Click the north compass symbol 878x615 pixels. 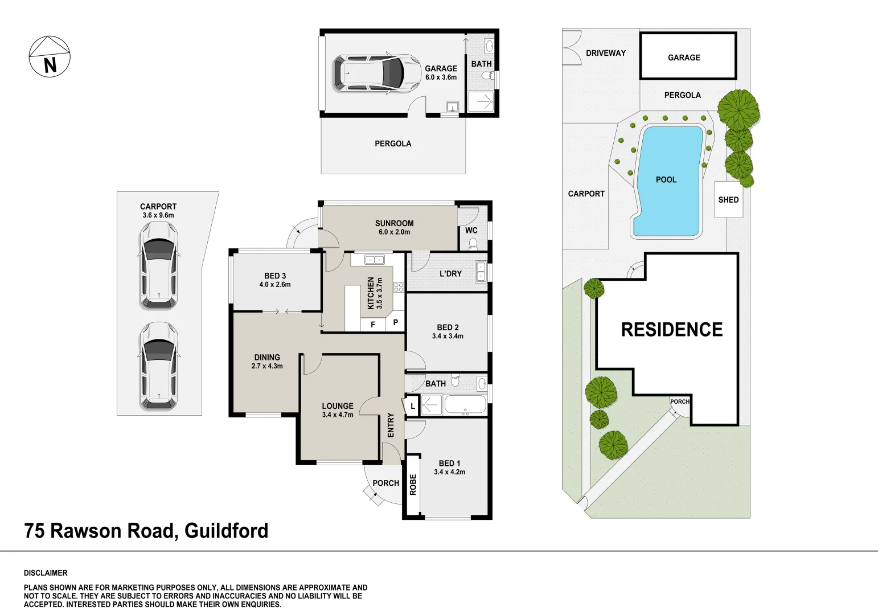click(50, 57)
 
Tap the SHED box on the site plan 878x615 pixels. click(729, 199)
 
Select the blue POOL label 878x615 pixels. click(666, 179)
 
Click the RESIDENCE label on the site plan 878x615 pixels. click(672, 330)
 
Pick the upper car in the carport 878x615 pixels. click(159, 265)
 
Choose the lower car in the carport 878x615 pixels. click(159, 366)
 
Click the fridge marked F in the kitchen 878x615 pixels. click(373, 324)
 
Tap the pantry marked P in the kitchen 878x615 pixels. click(396, 322)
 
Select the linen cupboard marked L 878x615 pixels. click(412, 407)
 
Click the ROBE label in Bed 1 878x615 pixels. click(413, 485)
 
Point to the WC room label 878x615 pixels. click(471, 230)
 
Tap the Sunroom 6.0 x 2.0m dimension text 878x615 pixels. click(395, 232)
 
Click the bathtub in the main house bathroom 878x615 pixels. click(466, 405)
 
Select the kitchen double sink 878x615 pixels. click(374, 260)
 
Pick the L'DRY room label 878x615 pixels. click(451, 273)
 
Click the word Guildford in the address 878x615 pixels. click(227, 531)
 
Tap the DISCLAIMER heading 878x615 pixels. click(46, 573)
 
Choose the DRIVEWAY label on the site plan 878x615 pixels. click(606, 53)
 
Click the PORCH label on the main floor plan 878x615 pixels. click(386, 483)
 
